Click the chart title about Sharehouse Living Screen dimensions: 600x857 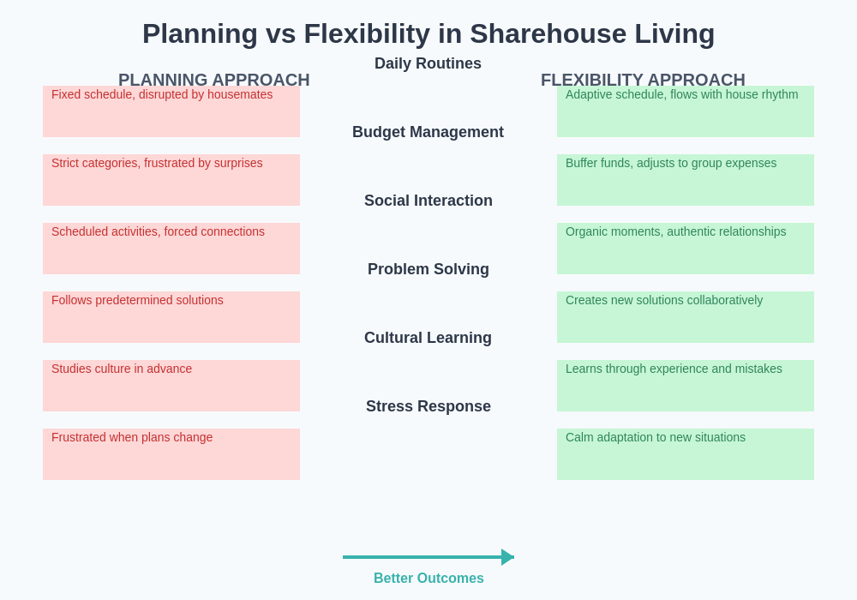(428, 34)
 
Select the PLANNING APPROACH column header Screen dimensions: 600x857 (214, 80)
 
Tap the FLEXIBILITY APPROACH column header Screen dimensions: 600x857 (643, 80)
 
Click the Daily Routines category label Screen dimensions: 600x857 (428, 63)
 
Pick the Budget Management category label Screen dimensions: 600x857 (428, 132)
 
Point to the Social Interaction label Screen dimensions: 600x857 (428, 201)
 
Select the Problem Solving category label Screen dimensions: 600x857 (428, 269)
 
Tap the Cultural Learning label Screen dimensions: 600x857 (428, 338)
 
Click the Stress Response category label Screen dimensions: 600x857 (428, 406)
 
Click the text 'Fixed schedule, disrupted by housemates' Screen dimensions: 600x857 (162, 94)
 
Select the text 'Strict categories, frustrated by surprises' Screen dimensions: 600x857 (157, 163)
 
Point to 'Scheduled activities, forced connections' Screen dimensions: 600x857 (158, 231)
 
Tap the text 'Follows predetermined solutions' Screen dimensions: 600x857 (137, 300)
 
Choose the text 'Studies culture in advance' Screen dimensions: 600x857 (122, 369)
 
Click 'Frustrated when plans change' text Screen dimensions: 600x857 (132, 437)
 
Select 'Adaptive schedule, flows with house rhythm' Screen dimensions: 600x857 (681, 94)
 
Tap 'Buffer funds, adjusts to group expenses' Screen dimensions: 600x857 (671, 163)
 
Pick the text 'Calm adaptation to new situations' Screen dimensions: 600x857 (656, 437)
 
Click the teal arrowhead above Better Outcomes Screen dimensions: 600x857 (507, 557)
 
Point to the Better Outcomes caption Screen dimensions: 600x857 (428, 579)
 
